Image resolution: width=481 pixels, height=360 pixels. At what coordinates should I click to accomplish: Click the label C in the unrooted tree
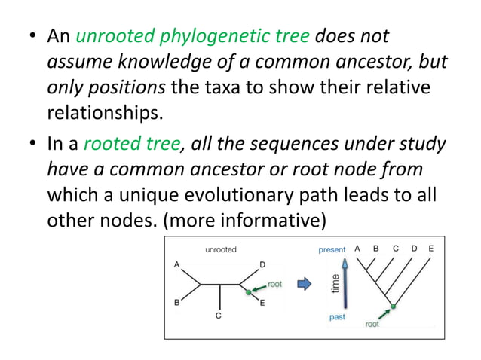pos(219,316)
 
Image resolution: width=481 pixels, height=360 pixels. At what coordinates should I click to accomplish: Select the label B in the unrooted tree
pos(176,304)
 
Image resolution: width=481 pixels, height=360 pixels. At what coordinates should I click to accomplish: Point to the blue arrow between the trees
pos(304,284)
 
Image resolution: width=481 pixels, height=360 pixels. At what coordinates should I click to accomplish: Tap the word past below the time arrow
pos(337,317)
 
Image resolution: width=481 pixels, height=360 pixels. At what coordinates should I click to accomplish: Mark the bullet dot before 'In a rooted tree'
pos(32,145)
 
